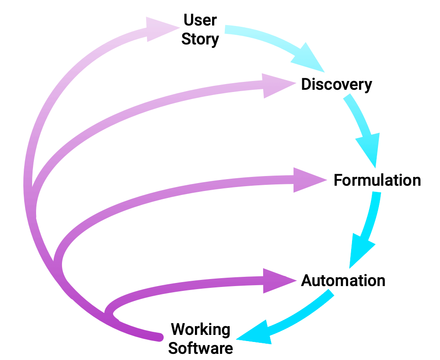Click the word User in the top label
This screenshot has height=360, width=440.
[200, 20]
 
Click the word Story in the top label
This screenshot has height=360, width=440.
[200, 39]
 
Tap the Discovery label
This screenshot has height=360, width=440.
[337, 84]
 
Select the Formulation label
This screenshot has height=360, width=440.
[377, 180]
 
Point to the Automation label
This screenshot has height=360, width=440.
[343, 281]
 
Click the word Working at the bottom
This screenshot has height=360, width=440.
[201, 330]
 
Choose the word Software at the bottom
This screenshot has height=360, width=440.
[201, 348]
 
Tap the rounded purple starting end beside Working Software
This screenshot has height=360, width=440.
[159, 337]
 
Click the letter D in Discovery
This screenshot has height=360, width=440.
[306, 84]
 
